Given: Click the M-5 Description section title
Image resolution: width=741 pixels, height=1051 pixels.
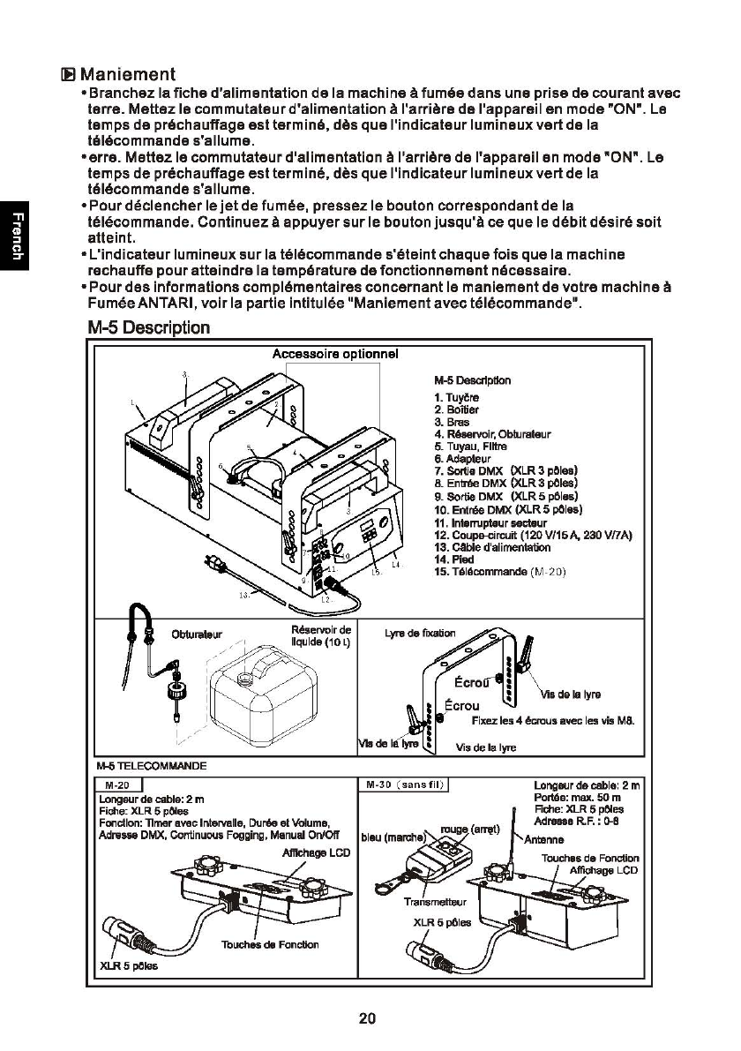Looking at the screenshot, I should [149, 328].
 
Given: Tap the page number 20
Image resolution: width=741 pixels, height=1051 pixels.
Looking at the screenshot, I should [368, 1018].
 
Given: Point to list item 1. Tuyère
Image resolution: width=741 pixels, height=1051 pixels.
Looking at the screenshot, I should [456, 398].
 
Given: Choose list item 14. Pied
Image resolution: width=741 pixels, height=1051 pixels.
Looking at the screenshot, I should [453, 559].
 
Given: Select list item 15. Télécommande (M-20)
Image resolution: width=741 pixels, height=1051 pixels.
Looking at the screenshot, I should [499, 572].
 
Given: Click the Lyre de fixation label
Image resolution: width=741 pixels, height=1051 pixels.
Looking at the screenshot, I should [421, 634].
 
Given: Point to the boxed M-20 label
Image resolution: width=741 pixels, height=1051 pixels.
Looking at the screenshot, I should [117, 785].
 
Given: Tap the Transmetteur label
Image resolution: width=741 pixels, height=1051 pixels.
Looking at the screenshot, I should [434, 903].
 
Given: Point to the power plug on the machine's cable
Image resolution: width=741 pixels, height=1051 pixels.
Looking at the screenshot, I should [213, 564].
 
